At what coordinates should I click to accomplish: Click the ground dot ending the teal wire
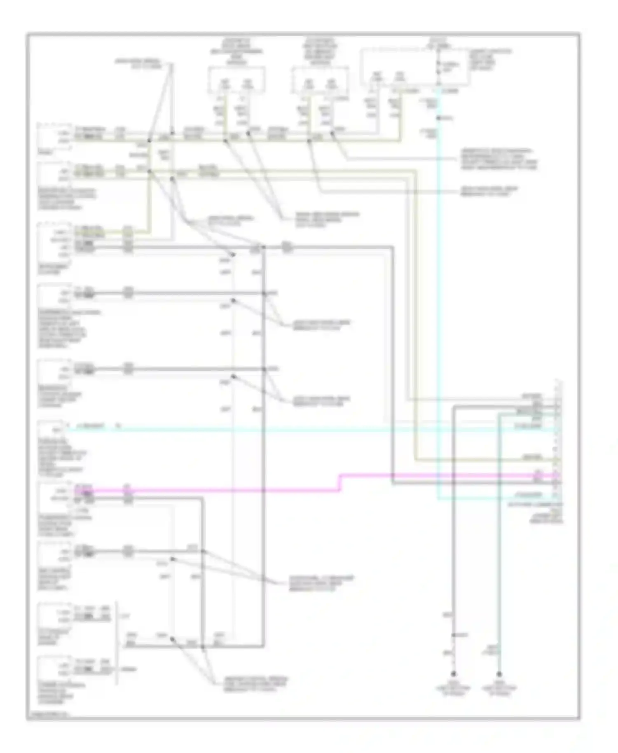pyautogui.click(x=499, y=674)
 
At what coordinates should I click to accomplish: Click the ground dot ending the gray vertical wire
pyautogui.click(x=453, y=674)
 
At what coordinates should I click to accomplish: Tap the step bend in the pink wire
pyautogui.click(x=340, y=482)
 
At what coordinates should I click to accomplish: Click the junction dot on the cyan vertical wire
pyautogui.click(x=438, y=118)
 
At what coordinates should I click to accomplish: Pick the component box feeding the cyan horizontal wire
pyautogui.click(x=52, y=430)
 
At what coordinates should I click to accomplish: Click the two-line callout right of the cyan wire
pyautogui.click(x=489, y=191)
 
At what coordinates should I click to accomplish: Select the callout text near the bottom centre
pyautogui.click(x=255, y=684)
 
